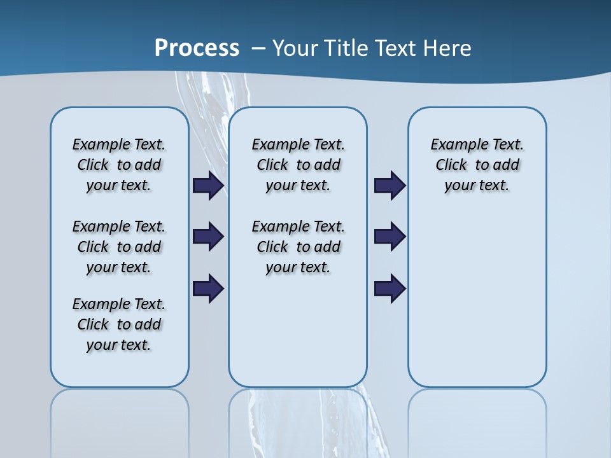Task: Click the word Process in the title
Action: (x=197, y=48)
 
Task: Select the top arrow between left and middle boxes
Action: (x=208, y=186)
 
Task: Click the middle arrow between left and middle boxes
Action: (x=208, y=237)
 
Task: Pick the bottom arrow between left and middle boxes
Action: (x=208, y=288)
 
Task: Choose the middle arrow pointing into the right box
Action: (x=390, y=237)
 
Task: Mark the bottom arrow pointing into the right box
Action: (x=390, y=288)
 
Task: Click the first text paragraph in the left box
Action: (x=119, y=165)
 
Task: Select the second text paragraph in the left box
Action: (x=119, y=247)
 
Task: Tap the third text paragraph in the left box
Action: (x=119, y=324)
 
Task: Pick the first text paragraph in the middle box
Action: (x=298, y=165)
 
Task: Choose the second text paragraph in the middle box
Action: (x=298, y=247)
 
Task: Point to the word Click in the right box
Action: (x=451, y=165)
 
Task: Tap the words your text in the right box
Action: (x=477, y=186)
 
